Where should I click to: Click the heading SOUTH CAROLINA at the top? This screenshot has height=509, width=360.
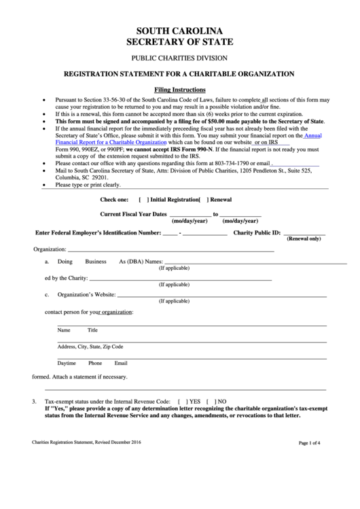point(179,31)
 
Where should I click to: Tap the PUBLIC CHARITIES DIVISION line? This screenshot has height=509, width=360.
point(179,58)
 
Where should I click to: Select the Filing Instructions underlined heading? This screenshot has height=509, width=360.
point(180,90)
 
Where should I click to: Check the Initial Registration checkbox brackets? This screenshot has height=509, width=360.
point(143,200)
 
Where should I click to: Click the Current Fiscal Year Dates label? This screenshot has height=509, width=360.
point(133,213)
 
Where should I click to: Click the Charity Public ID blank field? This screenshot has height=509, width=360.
point(305,232)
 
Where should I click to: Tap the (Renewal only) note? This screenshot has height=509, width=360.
point(304,239)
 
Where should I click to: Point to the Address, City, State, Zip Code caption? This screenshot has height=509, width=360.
point(90,347)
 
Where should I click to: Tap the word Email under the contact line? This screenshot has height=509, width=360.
point(121,363)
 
